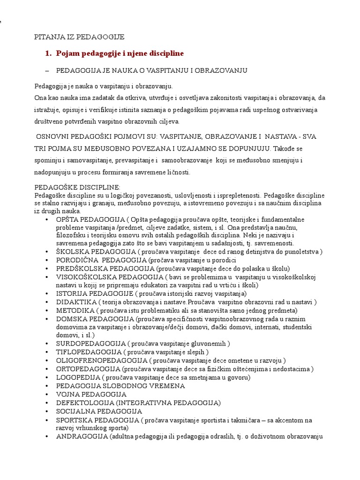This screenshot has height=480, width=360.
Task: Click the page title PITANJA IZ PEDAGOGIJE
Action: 80,37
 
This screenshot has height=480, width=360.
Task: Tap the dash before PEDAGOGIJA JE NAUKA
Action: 46,70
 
